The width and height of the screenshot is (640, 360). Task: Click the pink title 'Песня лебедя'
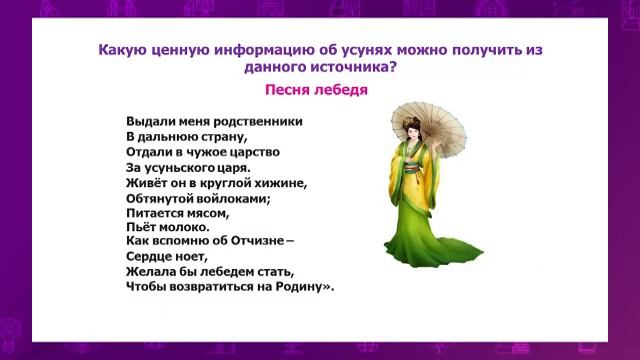[x=317, y=90]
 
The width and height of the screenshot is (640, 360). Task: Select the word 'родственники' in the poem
[x=257, y=121]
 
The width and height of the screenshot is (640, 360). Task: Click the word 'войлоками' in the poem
[x=234, y=198]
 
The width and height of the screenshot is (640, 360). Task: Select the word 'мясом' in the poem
[x=206, y=213]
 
